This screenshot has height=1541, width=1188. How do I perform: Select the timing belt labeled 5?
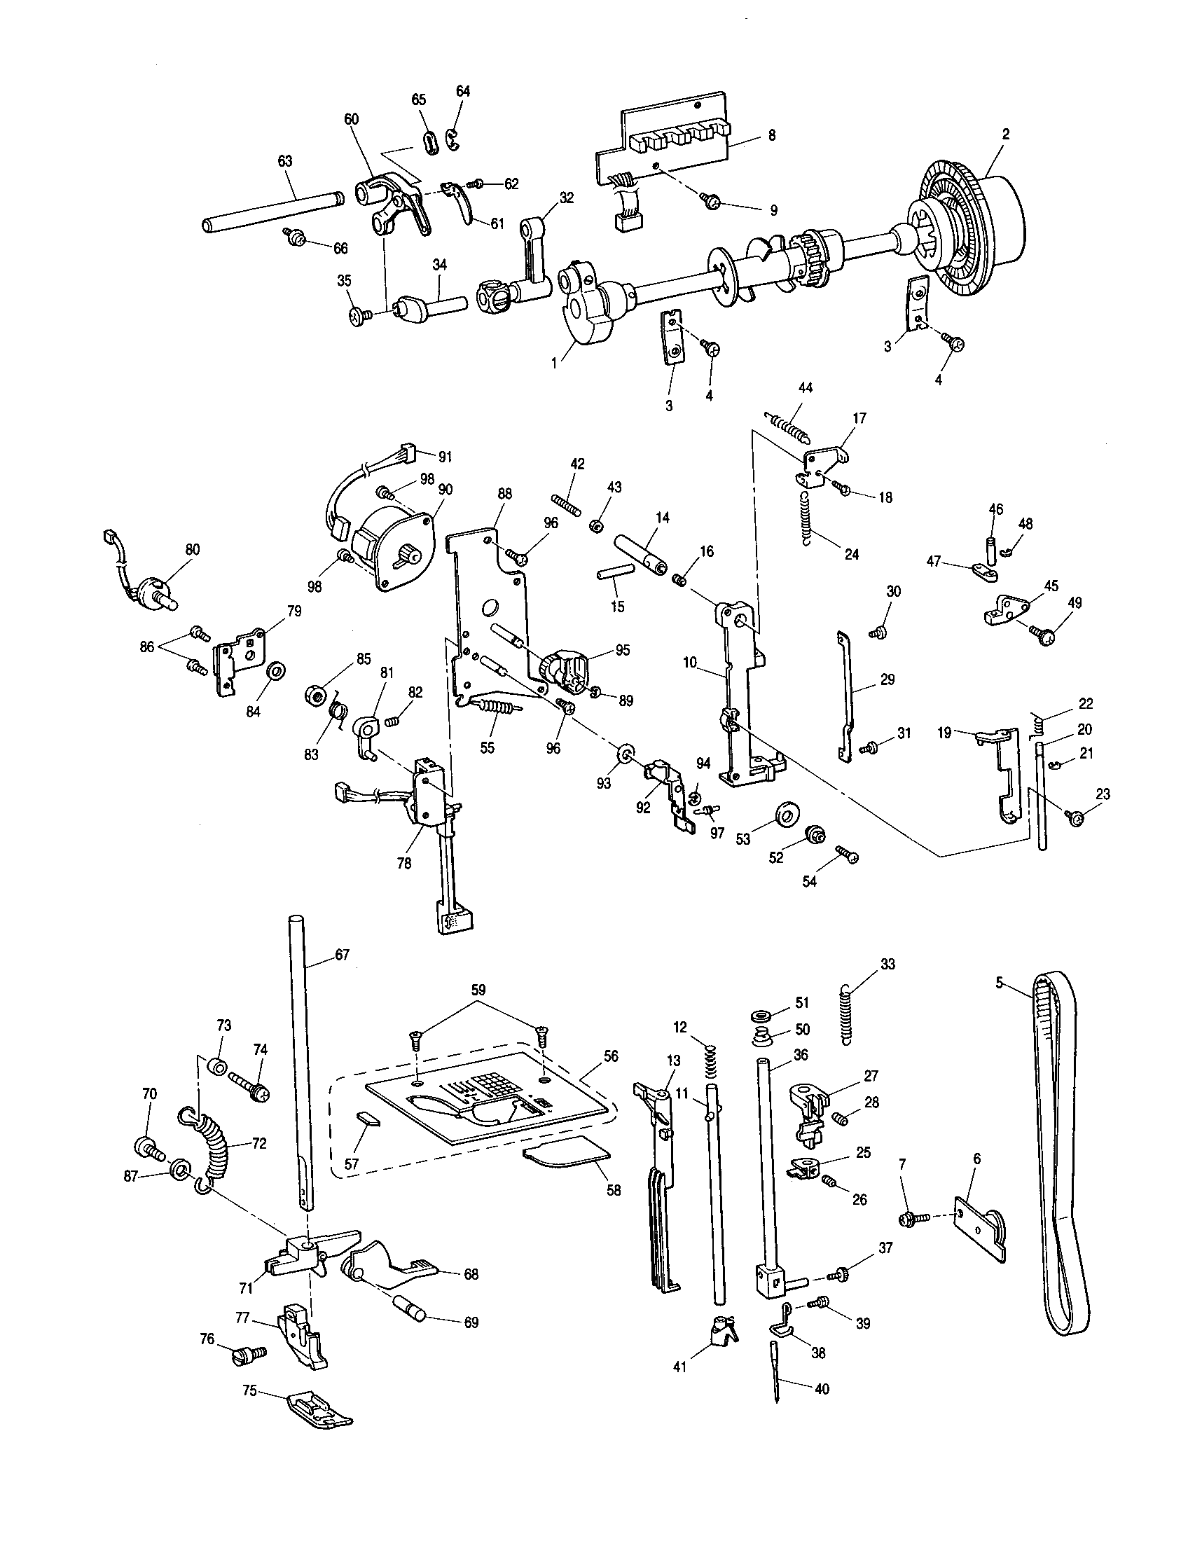(x=1062, y=1157)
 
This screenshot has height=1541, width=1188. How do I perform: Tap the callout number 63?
(x=285, y=162)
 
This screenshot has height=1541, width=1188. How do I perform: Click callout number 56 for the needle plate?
(x=611, y=1056)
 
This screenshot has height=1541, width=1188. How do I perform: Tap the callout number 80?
(x=193, y=550)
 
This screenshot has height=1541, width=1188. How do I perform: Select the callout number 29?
(x=887, y=679)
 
